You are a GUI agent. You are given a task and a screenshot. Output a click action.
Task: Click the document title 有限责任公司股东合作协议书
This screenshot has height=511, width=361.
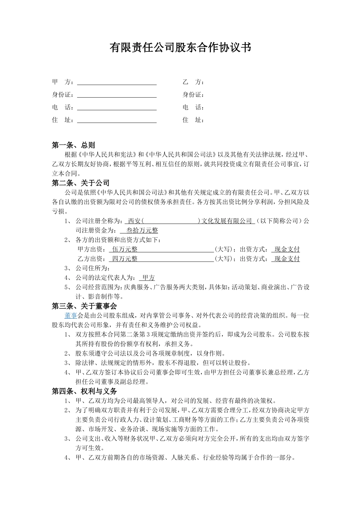180,48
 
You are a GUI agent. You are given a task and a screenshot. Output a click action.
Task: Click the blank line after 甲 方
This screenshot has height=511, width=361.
117,83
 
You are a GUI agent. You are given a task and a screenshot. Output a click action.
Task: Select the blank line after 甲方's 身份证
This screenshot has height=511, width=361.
117,95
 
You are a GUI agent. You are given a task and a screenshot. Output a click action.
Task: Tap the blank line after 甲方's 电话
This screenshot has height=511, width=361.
117,108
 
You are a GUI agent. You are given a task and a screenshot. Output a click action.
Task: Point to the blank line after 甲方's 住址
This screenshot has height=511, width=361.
117,120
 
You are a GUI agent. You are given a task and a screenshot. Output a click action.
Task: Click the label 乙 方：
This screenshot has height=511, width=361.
193,82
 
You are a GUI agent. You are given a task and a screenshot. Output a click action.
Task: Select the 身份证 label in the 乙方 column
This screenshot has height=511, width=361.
193,95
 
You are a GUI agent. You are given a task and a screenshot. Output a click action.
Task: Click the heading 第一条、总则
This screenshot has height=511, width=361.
73,145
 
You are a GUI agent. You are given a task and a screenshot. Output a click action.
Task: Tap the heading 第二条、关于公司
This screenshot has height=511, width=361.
81,183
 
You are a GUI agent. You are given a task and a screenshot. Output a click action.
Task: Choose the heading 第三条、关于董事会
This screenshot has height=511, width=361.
84,306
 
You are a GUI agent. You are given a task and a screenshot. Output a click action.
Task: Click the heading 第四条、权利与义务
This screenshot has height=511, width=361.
84,391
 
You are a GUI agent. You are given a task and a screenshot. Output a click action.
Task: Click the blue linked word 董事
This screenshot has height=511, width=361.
71,315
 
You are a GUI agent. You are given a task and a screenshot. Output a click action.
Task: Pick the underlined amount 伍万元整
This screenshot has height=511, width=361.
125,249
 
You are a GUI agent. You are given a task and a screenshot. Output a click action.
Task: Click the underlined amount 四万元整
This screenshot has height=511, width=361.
125,259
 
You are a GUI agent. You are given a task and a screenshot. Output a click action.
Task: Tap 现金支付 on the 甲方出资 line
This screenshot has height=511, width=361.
287,249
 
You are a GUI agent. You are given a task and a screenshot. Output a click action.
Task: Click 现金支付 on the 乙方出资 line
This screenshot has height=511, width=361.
287,259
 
